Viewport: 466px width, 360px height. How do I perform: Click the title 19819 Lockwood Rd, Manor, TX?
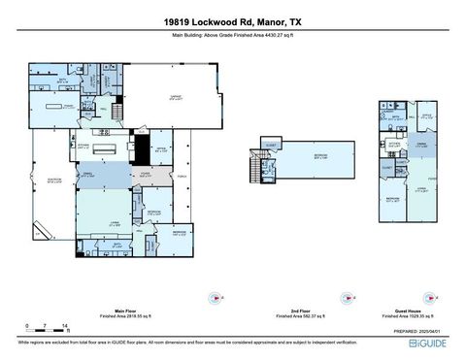tap(233, 19)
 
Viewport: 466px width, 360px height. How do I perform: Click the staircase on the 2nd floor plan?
tap(259, 167)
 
